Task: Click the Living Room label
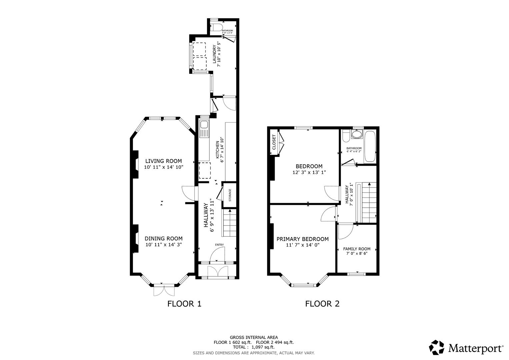[163, 161]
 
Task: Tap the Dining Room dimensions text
[163, 245]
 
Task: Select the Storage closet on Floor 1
[229, 195]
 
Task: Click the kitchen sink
[204, 126]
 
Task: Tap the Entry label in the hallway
[219, 245]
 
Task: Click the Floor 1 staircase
[230, 223]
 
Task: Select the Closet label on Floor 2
[274, 142]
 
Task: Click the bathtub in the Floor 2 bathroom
[370, 146]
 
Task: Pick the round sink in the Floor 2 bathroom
[357, 135]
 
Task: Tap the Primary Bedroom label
[302, 239]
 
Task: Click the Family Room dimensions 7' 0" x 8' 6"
[357, 253]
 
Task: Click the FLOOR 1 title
[184, 304]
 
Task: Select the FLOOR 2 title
[322, 304]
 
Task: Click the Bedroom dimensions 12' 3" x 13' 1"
[309, 173]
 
